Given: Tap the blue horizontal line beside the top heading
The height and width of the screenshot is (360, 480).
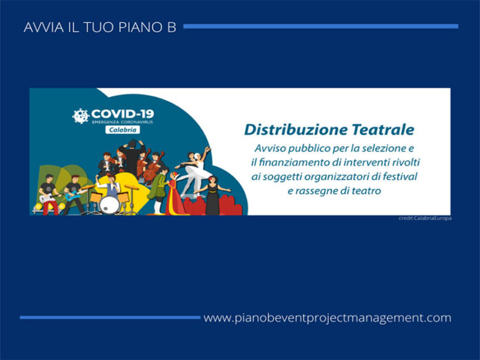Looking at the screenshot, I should pyautogui.click(x=320, y=26).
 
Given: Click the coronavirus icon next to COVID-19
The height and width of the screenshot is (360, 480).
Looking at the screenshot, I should pyautogui.click(x=81, y=116).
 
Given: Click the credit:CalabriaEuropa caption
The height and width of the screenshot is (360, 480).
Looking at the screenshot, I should pyautogui.click(x=425, y=219).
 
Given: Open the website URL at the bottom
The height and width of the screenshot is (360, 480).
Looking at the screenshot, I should pyautogui.click(x=327, y=318).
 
